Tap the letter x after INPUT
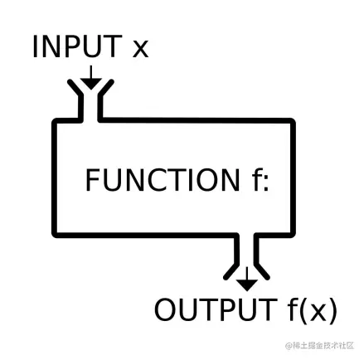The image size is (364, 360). coord(140,48)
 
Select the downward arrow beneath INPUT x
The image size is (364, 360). coord(91,76)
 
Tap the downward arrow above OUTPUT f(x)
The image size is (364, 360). coord(246,280)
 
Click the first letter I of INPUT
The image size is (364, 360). coord(36,46)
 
